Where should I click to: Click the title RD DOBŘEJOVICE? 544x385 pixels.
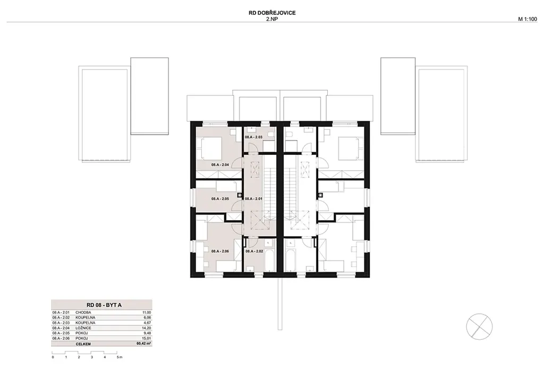[x=272, y=13]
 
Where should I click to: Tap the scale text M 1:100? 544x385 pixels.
[x=528, y=20]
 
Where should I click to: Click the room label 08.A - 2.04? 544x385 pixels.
[x=220, y=165]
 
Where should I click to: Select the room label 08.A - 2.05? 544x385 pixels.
[x=220, y=199]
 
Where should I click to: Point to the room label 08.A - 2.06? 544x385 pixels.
[x=220, y=251]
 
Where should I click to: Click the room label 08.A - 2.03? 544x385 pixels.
[x=253, y=137]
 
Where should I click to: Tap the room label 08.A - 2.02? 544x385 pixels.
[x=254, y=251]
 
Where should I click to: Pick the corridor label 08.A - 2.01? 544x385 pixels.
[x=253, y=199]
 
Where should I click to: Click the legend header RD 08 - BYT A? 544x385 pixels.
[x=101, y=305]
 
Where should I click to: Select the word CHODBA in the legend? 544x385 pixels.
[x=83, y=313]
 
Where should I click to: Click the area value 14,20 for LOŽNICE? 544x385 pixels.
[x=147, y=328]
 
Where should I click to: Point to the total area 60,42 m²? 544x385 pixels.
[x=144, y=344]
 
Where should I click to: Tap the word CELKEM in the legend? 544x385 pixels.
[x=83, y=344]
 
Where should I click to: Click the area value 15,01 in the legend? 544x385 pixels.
[x=147, y=339]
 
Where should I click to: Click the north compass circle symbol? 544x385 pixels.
[x=479, y=326]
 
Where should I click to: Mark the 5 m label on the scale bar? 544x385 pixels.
[x=120, y=357]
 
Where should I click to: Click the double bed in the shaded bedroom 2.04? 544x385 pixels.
[x=209, y=148]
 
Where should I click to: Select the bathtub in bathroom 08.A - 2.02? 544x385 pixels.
[x=269, y=260]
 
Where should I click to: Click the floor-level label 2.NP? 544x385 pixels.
[x=272, y=19]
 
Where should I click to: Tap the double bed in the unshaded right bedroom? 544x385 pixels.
[x=351, y=148]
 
